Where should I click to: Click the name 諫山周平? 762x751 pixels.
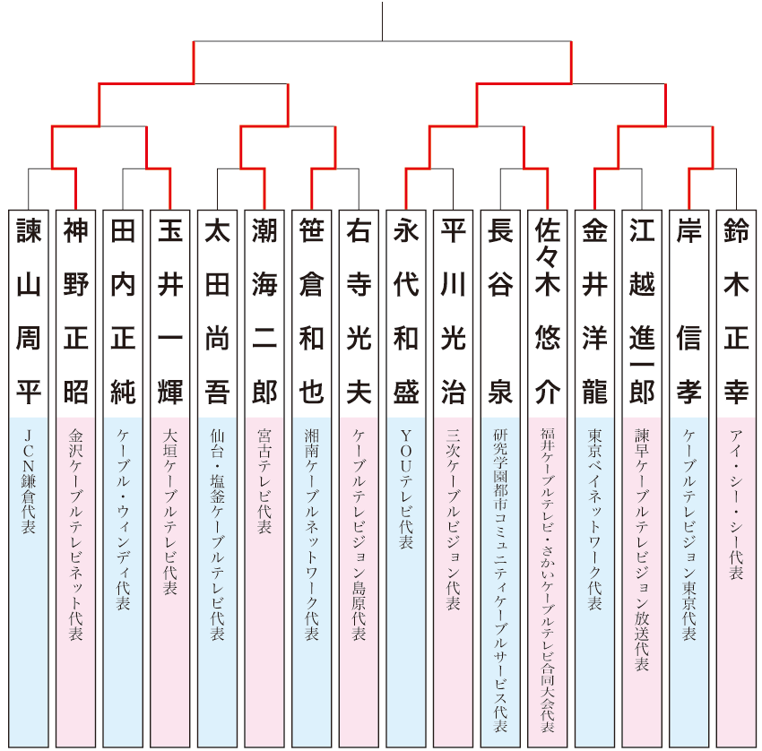(29, 312)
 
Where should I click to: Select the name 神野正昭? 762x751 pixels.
(76, 312)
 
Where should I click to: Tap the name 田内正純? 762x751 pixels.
(123, 312)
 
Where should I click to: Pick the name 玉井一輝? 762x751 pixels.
(170, 312)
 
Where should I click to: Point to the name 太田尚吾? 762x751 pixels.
(217, 312)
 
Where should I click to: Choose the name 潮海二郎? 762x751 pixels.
(264, 312)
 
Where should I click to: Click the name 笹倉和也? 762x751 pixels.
(311, 312)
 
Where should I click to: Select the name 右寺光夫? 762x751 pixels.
(359, 312)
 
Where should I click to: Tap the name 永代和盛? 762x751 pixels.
(405, 312)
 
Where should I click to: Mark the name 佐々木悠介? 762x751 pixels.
(547, 312)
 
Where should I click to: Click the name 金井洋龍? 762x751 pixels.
(594, 312)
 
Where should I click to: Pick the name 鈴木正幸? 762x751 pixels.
(736, 312)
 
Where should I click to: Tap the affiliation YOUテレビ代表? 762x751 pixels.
(405, 488)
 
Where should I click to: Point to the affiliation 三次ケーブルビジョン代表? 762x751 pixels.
(453, 520)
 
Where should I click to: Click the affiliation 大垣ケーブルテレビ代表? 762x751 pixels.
(170, 511)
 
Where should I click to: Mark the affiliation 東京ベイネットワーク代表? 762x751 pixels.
(594, 520)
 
